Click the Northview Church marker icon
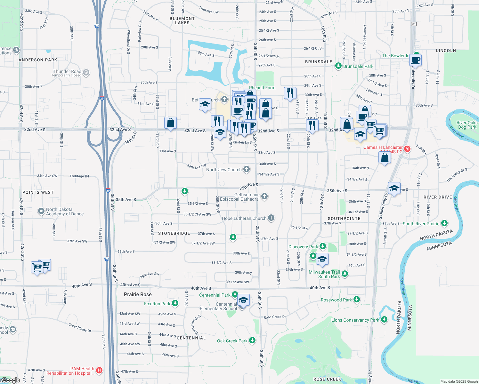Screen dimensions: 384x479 pos(246,169)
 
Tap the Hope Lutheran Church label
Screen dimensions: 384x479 pos(244,218)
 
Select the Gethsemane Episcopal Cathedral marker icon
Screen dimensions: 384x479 pos(264,196)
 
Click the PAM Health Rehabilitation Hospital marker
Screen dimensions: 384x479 pos(99,371)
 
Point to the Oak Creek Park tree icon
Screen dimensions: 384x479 pos(252,340)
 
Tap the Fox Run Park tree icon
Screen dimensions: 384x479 pos(175,303)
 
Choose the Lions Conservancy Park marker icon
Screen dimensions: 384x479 pos(384,320)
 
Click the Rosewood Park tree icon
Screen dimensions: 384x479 pos(357,300)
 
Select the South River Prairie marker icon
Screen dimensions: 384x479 pos(444,223)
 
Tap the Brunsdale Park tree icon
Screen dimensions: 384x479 pos(338,66)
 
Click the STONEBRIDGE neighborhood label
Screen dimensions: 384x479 pos(174,233)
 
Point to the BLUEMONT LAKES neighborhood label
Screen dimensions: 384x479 pos(182,20)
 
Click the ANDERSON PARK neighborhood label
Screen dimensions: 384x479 pos(38,60)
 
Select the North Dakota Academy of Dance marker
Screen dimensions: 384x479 pos(41,211)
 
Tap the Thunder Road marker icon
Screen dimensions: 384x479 pos(86,73)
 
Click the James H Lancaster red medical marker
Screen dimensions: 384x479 pos(407,149)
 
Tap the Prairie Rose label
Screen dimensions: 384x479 pos(138,294)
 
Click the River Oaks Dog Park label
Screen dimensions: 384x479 pos(467,125)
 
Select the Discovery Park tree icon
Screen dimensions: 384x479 pos(323,246)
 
